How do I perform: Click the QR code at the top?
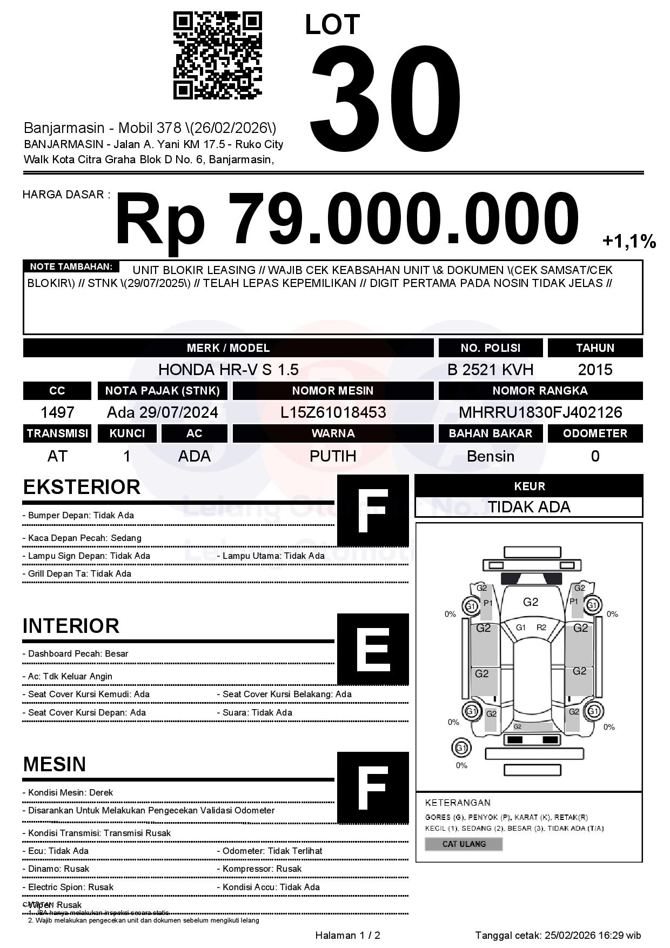click(217, 56)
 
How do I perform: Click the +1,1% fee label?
click(629, 242)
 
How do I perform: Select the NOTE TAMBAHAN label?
click(71, 267)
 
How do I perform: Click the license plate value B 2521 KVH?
click(490, 370)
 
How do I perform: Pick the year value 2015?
click(595, 370)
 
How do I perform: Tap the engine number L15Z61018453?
click(333, 413)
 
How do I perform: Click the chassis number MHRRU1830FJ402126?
click(540, 413)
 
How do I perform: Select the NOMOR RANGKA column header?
click(540, 391)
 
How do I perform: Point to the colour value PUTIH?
click(333, 456)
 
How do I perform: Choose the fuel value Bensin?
click(490, 456)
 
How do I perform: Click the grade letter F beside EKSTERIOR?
click(373, 511)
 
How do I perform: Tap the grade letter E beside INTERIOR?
click(373, 649)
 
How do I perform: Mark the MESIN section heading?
click(55, 764)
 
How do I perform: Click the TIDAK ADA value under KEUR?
click(529, 507)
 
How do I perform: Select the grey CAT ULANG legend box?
click(464, 844)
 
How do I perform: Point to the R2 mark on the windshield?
click(541, 627)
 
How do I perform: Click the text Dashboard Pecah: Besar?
click(78, 654)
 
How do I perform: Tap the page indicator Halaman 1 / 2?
click(347, 936)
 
